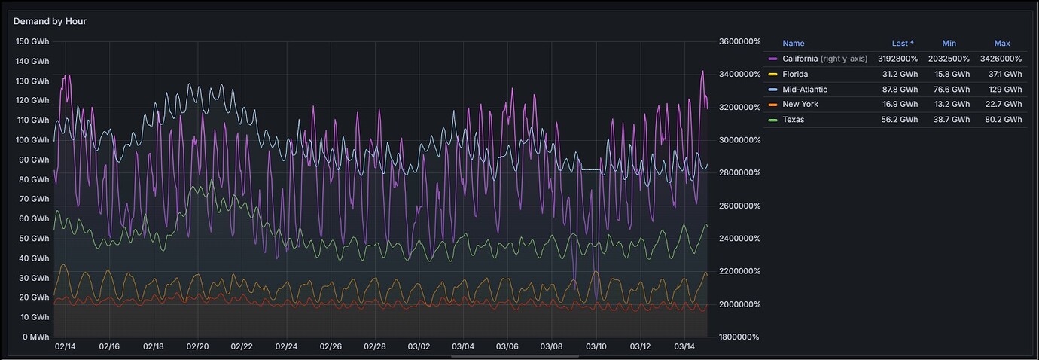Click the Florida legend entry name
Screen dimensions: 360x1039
coord(795,74)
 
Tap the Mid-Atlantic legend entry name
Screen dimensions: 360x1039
coord(805,89)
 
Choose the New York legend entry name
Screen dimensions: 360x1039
coord(800,104)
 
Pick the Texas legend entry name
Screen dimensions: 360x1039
coord(793,119)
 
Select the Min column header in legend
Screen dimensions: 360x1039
coord(949,44)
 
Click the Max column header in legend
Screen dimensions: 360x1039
coord(1001,44)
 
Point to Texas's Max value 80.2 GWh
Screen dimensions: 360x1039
coord(1003,119)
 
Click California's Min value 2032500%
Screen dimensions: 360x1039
coord(949,59)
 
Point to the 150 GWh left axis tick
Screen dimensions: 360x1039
coord(32,41)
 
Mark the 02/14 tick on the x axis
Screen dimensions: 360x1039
coord(66,346)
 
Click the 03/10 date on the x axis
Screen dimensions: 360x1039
coord(596,346)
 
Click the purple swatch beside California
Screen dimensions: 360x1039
coord(772,59)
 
